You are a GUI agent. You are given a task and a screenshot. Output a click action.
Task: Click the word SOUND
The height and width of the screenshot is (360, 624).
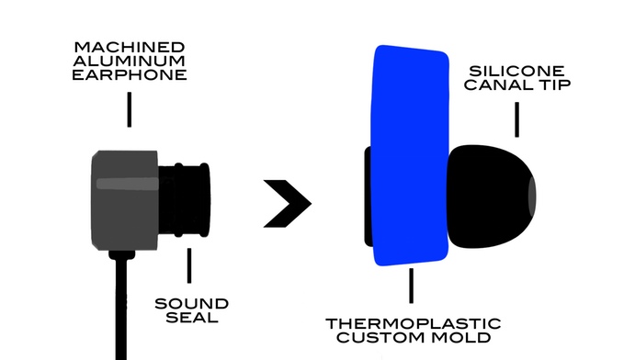(190, 303)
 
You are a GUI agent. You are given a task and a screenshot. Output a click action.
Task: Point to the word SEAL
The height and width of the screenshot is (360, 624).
(190, 318)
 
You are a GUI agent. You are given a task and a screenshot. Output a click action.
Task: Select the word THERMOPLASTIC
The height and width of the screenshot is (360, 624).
(414, 323)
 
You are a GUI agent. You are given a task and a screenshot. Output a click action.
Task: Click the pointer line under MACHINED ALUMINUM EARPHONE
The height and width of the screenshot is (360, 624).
(129, 107)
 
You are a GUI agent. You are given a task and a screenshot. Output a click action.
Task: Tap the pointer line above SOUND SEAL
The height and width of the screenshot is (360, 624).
(190, 266)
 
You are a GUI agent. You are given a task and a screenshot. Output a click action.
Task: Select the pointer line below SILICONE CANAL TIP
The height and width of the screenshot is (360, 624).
(516, 119)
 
